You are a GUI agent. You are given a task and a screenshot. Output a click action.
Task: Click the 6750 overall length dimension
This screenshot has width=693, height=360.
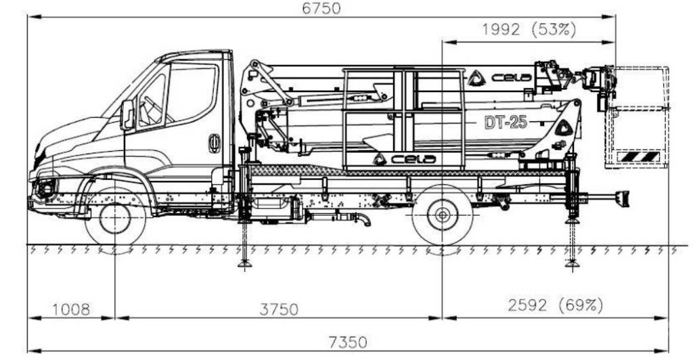321,8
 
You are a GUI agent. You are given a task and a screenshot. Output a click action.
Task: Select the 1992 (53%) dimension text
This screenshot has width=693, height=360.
529,30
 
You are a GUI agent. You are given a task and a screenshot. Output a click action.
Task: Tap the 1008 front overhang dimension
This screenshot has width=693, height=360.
70,309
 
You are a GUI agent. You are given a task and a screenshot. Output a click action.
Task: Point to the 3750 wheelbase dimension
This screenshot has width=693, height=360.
278,309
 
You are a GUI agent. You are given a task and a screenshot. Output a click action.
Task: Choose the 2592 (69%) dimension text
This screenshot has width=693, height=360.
555,305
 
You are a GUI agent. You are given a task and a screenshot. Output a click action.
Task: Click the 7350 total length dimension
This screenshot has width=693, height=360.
347,342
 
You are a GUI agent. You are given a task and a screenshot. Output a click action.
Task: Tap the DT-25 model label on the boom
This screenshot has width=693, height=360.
506,122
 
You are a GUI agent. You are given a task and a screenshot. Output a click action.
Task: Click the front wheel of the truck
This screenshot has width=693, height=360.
115,219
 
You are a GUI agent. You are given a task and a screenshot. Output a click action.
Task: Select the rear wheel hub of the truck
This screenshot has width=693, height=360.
442,216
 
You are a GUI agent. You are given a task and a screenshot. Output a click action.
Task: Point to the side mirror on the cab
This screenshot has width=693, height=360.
127,114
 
